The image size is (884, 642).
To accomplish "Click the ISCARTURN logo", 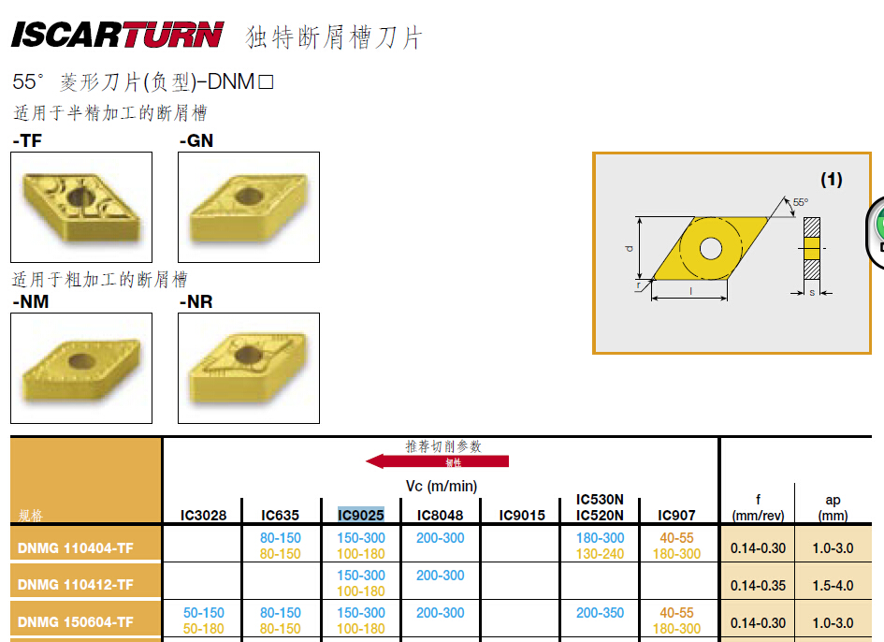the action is click(x=117, y=35).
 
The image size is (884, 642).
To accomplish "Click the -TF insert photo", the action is click(x=81, y=207).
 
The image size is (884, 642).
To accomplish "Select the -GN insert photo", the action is click(x=249, y=207).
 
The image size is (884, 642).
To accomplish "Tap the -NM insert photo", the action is click(x=81, y=368).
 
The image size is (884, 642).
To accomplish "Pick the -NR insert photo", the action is click(x=249, y=368).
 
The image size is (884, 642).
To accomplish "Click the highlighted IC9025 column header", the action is click(x=361, y=515).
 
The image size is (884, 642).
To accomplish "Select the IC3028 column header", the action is click(x=203, y=515).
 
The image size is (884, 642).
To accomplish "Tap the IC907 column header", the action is click(x=676, y=515).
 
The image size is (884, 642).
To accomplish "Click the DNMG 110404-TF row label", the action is click(x=76, y=547).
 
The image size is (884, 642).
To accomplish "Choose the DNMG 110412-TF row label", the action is click(x=76, y=585).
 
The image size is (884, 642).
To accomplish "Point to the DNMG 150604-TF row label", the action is click(x=76, y=621).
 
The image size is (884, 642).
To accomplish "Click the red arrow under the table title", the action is click(x=438, y=461).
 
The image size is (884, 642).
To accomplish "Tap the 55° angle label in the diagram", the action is click(x=801, y=202).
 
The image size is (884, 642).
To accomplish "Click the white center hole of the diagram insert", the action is click(x=710, y=248).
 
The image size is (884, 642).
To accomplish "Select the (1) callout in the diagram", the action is click(x=832, y=180).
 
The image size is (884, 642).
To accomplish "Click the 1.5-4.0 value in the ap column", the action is click(x=833, y=586).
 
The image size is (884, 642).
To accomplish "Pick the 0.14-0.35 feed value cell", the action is click(x=758, y=586).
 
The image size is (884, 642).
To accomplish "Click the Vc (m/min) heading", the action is click(x=442, y=487).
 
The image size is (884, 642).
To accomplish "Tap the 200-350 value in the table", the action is click(x=600, y=613).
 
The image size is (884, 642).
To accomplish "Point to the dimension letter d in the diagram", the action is click(x=630, y=248).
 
